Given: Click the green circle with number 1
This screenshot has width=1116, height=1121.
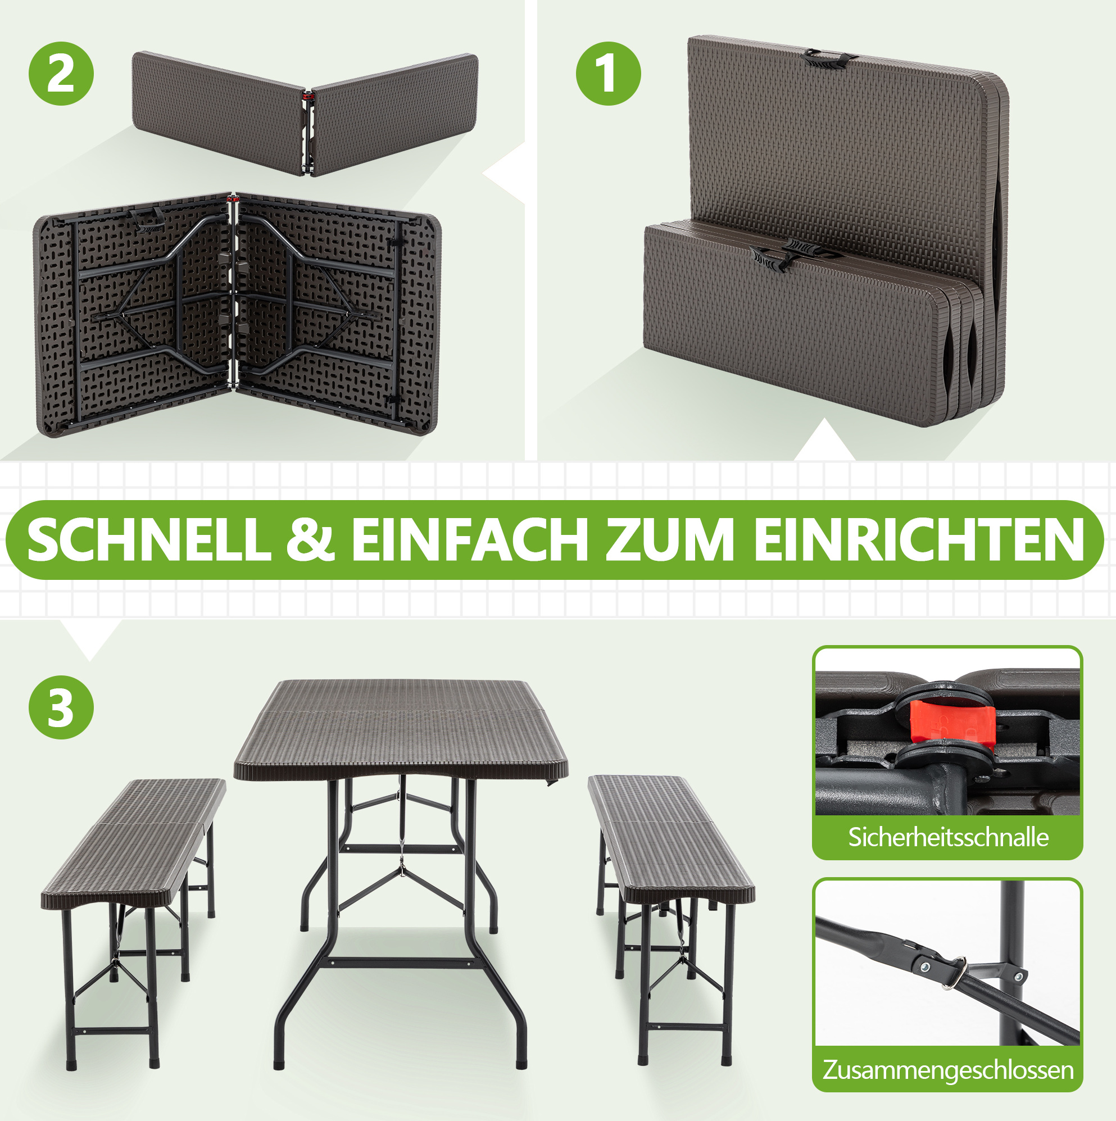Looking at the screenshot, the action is pos(608,74).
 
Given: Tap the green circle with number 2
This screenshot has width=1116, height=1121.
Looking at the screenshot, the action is pos(61,74).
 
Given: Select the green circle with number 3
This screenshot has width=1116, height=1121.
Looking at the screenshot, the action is pos(61,707).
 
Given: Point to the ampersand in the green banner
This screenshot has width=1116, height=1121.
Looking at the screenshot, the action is pos(311,539).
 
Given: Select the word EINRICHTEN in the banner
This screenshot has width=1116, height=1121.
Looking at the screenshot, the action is pos(919,539).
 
